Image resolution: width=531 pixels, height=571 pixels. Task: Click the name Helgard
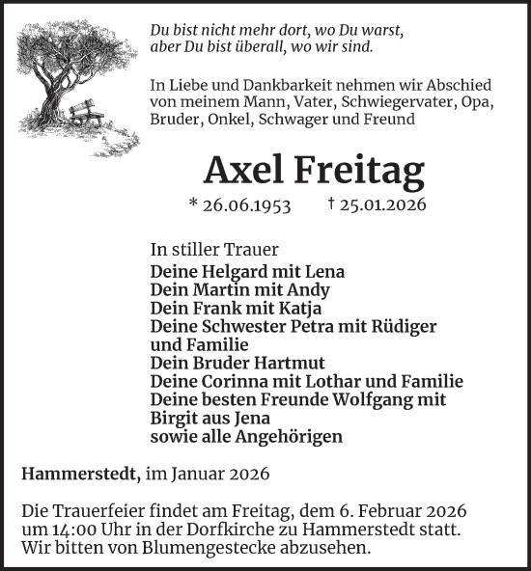(x=224, y=272)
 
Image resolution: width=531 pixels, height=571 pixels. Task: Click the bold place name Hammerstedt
(x=77, y=474)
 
